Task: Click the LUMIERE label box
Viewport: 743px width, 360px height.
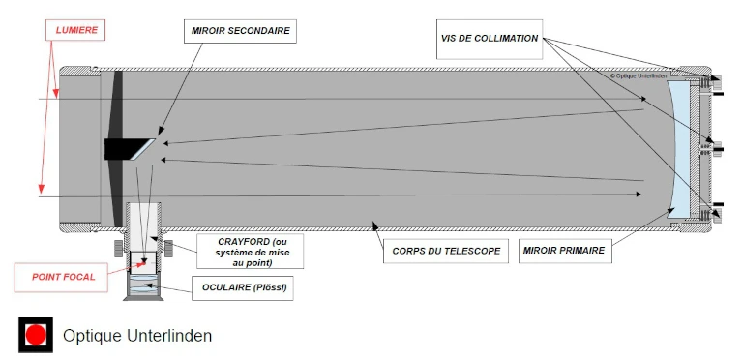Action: click(76, 30)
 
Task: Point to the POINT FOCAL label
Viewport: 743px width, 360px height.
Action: click(63, 277)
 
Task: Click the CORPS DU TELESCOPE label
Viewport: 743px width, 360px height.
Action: click(446, 251)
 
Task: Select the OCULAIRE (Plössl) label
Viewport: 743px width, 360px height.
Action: click(245, 287)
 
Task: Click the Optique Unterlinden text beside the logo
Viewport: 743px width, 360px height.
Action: click(136, 335)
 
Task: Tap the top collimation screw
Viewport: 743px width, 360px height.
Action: click(717, 80)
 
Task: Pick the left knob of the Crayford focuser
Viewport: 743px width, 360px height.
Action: click(121, 245)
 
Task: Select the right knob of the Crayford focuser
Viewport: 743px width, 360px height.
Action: click(166, 245)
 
